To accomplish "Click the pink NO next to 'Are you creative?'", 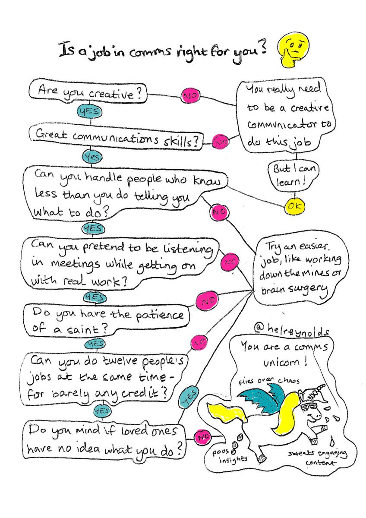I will tap(189, 95).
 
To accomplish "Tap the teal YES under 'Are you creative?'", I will tap(89, 111).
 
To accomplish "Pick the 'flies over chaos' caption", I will tap(269, 380).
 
